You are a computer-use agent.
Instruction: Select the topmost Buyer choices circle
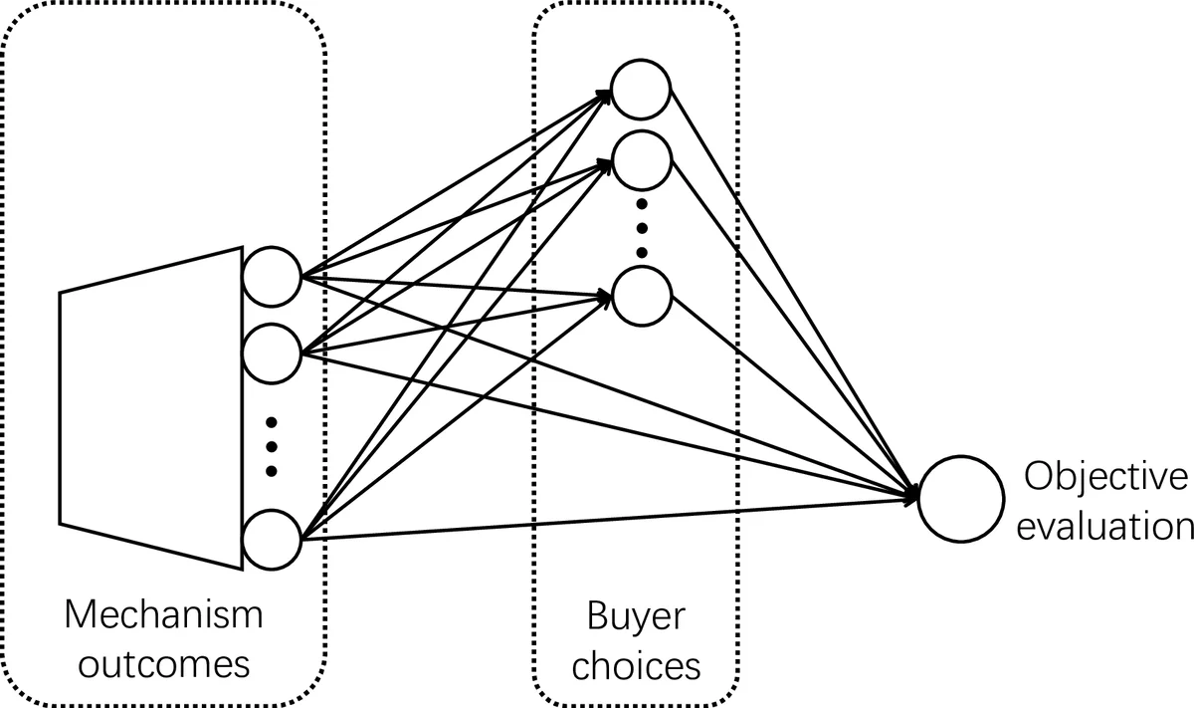click(x=641, y=89)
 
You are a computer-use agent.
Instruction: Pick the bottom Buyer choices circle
click(x=641, y=296)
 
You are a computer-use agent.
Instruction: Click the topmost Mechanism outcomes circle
click(x=272, y=276)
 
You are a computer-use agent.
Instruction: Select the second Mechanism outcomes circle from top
click(x=272, y=351)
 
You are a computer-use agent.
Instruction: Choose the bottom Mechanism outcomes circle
click(x=272, y=538)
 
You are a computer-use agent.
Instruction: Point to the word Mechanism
click(x=164, y=614)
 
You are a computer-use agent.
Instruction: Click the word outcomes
click(x=164, y=662)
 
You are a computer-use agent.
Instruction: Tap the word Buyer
click(x=636, y=616)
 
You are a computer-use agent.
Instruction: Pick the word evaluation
click(x=1105, y=525)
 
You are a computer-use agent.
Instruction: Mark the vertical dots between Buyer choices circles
click(x=641, y=227)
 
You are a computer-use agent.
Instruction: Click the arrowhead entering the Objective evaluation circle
click(x=911, y=494)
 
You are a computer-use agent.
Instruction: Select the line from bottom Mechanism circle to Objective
click(x=597, y=517)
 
